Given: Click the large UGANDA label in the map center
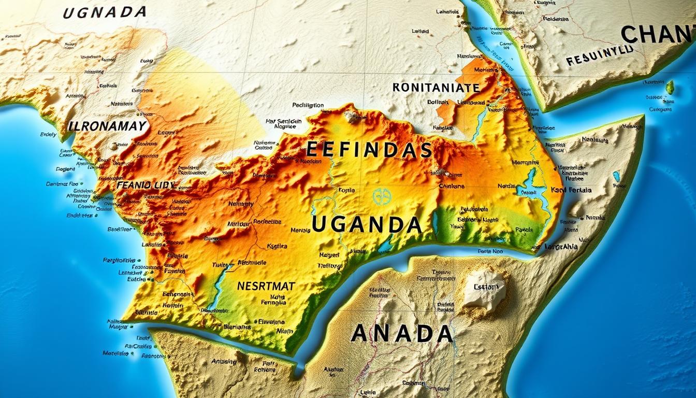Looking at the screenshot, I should (367, 225).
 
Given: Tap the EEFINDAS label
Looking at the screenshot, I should (369, 150).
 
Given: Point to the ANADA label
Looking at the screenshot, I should (402, 333).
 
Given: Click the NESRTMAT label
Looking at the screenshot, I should (266, 286).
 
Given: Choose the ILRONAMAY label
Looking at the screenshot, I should (107, 126).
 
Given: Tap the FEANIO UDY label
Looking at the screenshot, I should (146, 184).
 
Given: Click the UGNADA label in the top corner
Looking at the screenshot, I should (105, 12).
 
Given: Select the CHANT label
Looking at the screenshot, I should (658, 35).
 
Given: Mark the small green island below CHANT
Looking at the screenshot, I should (670, 87).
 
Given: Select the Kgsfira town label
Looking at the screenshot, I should (276, 246).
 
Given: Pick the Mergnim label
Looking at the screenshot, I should (526, 162).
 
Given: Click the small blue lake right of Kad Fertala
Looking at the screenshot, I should (616, 176).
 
